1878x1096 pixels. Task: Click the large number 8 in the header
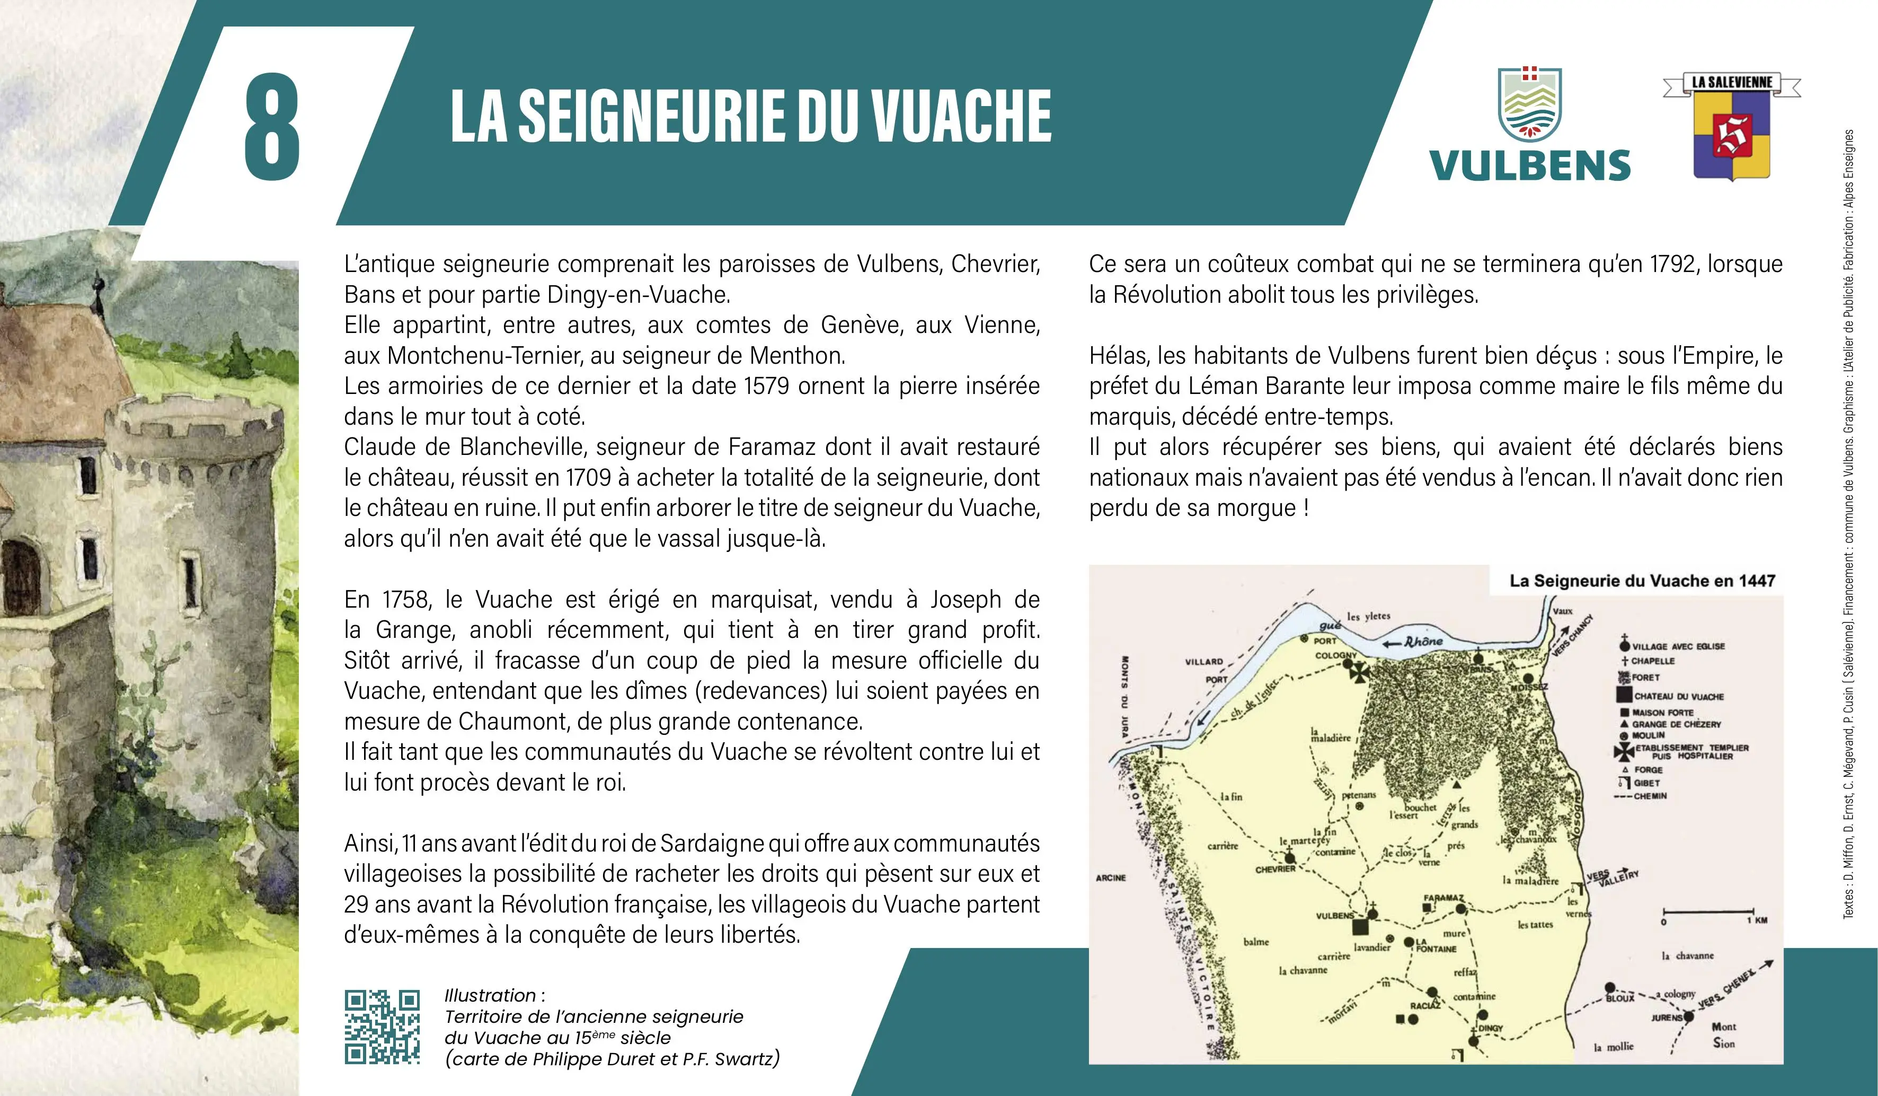(272, 126)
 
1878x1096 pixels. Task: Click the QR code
(382, 1027)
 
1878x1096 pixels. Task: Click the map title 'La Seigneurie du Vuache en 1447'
(1642, 581)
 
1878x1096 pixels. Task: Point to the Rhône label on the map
(1423, 641)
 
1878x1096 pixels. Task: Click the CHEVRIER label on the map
(1275, 870)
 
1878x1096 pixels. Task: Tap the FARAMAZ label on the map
(1443, 898)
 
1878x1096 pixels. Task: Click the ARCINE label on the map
(1110, 878)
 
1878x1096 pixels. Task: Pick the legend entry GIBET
(1646, 783)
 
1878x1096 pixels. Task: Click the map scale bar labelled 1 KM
(1714, 912)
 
